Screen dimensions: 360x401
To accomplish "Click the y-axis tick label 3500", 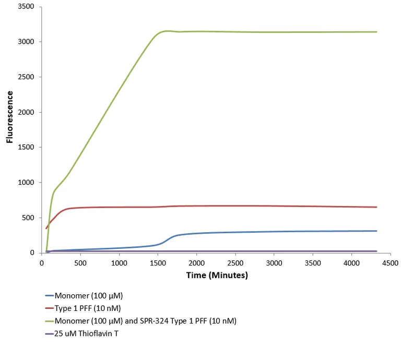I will coord(26,7).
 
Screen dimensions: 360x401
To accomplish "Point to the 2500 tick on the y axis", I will coord(26,77).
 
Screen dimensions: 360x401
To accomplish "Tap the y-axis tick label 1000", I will coord(26,183).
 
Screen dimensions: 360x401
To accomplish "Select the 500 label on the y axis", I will coord(29,218).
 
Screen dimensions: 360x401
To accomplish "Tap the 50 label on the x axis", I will coord(42,263).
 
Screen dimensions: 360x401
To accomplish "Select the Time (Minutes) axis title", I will coord(217,275).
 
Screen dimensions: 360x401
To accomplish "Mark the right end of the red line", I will coord(377,207).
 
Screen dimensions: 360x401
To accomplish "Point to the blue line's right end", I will coord(377,231).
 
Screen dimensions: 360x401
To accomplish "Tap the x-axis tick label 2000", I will coord(197,263).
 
